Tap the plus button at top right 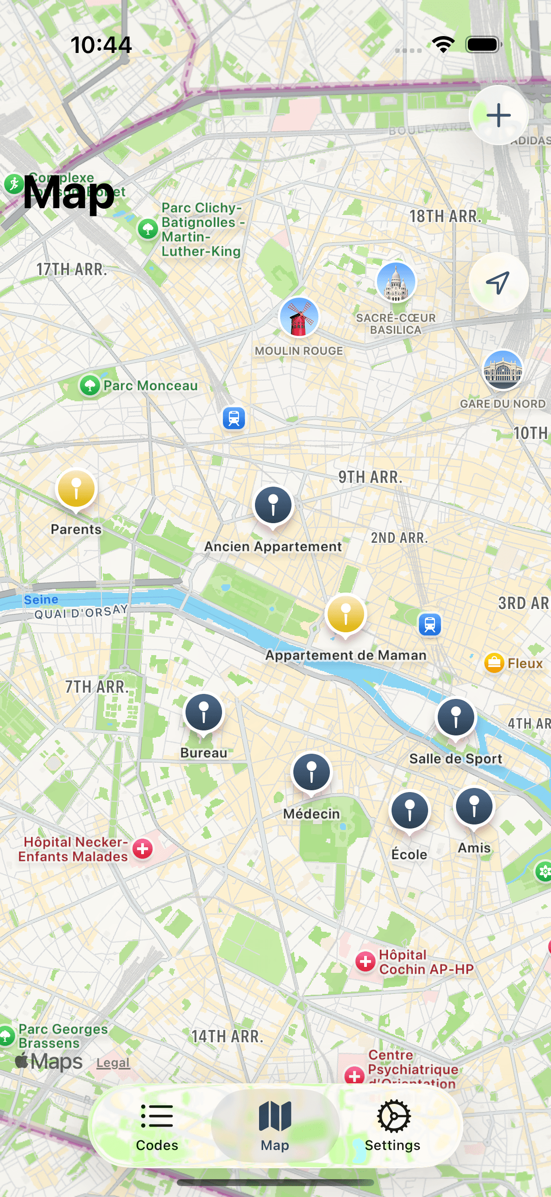coord(498,115)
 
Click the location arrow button coord(498,282)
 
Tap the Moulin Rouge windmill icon coord(299,317)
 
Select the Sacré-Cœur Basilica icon coord(396,282)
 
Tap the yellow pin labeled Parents coord(76,489)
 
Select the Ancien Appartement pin coord(273,505)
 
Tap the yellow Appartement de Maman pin coord(345,614)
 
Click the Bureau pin coord(204,712)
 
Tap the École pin coord(409,811)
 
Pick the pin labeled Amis coord(474,806)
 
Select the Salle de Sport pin coord(456,718)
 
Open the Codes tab coord(157,1126)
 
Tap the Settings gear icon coord(393,1116)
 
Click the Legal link coord(113,1063)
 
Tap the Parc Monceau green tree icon coord(90,385)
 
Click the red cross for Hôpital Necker coord(143,849)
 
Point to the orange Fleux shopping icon coord(494,662)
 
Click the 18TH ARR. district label coord(445,216)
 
